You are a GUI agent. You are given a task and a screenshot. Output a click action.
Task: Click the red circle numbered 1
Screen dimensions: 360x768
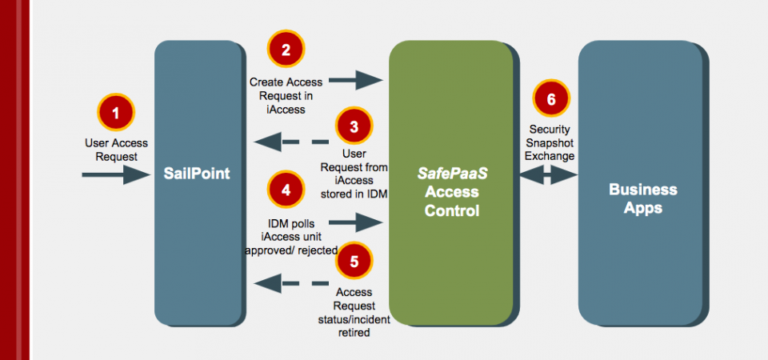(116, 113)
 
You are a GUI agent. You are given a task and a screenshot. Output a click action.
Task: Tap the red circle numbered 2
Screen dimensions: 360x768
(286, 50)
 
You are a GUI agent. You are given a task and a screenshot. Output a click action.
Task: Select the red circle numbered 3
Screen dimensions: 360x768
(354, 126)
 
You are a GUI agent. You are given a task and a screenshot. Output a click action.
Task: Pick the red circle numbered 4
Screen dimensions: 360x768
(286, 190)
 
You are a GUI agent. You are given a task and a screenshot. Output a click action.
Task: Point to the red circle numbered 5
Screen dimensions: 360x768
(354, 261)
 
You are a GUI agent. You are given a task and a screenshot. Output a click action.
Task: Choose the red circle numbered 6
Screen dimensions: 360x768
(550, 99)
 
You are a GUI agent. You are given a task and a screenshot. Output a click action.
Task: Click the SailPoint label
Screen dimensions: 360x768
(198, 173)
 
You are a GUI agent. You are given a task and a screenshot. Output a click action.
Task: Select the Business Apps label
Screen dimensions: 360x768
(643, 198)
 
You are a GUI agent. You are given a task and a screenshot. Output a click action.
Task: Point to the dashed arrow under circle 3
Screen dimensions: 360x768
(291, 143)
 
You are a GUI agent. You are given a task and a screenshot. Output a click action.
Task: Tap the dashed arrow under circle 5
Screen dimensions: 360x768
(291, 282)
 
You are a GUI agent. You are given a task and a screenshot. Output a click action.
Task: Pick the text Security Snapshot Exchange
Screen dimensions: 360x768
(550, 142)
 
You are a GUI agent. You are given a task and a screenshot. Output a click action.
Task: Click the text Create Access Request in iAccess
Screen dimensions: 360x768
(286, 94)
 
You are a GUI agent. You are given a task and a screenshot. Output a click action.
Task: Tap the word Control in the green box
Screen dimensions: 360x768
(452, 211)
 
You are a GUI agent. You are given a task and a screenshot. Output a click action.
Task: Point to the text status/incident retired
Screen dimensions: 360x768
(354, 326)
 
